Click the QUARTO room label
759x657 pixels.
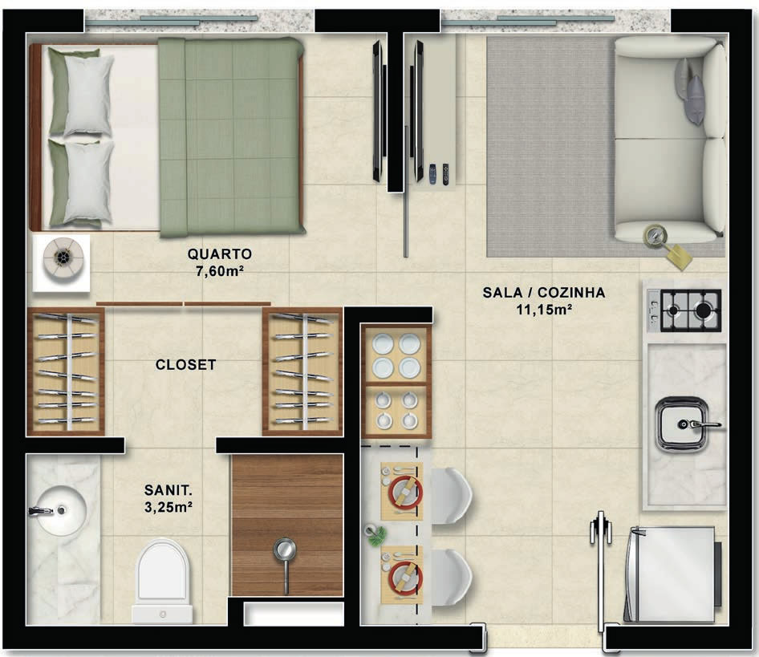point(220,254)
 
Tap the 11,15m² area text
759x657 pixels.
point(544,310)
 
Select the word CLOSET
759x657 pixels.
point(185,364)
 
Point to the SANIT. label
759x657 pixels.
point(168,490)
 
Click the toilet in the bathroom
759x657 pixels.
point(162,581)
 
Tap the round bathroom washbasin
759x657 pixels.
point(60,509)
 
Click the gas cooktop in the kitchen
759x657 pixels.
point(684,310)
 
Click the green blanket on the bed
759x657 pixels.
point(231,137)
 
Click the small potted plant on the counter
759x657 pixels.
point(376,536)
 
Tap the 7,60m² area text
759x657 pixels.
point(219,271)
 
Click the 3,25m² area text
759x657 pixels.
point(168,507)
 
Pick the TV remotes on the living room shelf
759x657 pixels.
point(439,174)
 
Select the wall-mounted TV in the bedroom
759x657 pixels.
point(378,111)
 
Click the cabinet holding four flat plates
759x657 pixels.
point(396,355)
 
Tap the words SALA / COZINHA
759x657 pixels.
point(544,293)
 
